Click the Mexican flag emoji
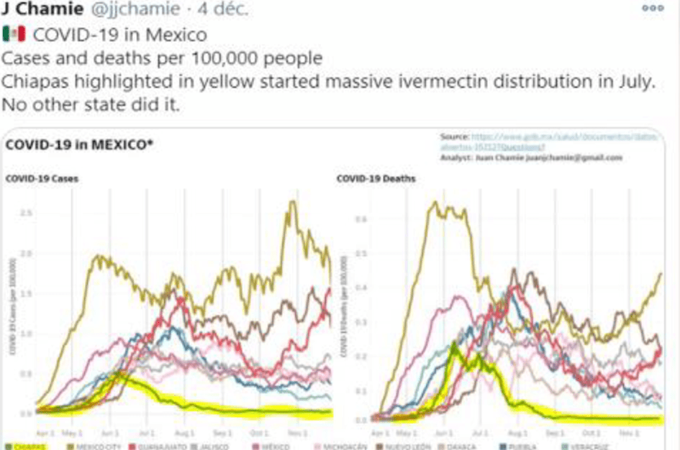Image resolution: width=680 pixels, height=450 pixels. tap(14, 34)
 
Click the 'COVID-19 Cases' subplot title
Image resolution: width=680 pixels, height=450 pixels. tap(42, 178)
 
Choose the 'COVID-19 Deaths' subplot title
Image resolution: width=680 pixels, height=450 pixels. tap(376, 178)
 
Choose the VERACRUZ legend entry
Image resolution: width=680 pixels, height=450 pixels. tap(590, 446)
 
